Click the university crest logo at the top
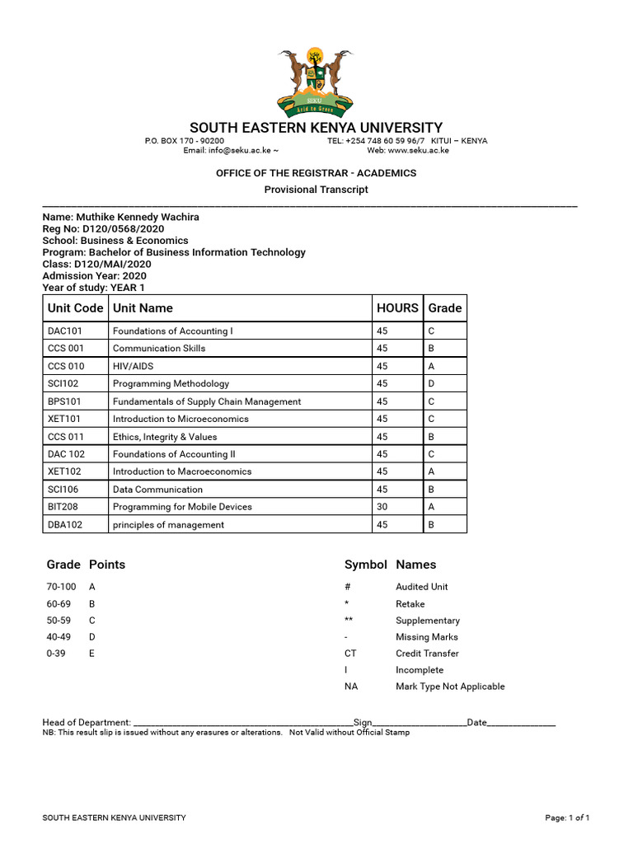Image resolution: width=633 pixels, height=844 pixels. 316,82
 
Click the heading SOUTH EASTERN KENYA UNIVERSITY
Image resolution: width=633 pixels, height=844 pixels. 316,128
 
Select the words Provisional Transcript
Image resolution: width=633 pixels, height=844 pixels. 316,190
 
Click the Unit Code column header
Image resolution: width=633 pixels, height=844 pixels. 75,308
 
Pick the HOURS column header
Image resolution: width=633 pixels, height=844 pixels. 397,308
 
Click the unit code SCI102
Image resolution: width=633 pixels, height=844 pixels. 64,384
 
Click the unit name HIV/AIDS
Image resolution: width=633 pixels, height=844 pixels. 134,366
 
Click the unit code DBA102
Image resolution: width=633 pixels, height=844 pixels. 66,525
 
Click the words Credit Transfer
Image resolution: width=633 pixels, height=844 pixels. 427,654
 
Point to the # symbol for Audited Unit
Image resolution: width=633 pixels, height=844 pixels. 348,587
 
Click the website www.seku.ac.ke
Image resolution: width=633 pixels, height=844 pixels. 419,151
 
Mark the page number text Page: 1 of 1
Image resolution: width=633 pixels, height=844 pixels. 567,818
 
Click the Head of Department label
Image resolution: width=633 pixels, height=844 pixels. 87,723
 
